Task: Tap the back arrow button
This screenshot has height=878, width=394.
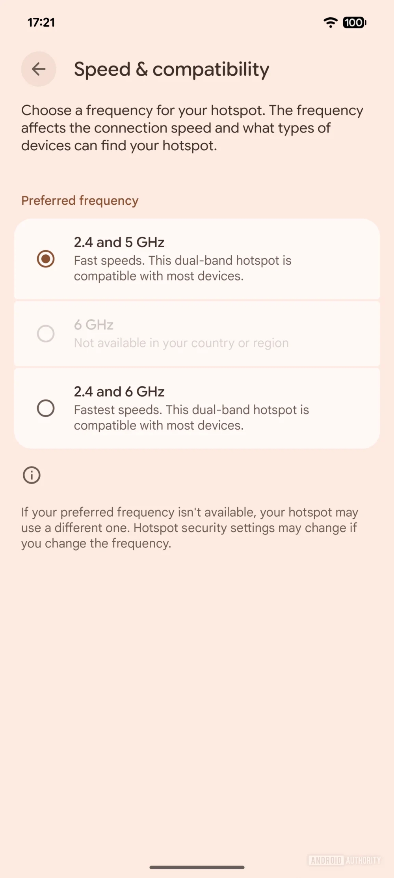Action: tap(39, 69)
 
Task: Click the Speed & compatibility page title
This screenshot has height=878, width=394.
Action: tap(171, 69)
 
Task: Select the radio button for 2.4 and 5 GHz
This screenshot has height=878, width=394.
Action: tap(46, 259)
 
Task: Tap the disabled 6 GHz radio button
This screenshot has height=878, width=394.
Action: tap(46, 334)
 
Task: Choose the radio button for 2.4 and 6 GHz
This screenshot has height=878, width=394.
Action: tap(46, 408)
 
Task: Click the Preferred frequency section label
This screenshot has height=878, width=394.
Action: tap(80, 200)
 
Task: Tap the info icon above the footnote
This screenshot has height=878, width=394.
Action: tap(32, 475)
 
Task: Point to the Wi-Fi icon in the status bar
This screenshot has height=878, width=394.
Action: tap(330, 22)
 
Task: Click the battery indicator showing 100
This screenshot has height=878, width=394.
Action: tap(354, 22)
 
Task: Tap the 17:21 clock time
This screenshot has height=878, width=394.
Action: tap(41, 22)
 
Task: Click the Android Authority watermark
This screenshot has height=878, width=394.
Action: tap(344, 860)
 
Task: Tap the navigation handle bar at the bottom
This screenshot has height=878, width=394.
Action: tap(197, 867)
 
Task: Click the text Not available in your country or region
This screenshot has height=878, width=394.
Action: tap(181, 343)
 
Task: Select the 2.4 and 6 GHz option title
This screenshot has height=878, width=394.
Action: tap(119, 392)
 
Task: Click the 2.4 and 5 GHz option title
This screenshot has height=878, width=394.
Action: tap(119, 242)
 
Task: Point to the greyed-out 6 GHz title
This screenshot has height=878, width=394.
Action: tap(94, 325)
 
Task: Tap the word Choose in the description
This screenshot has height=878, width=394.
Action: tap(46, 110)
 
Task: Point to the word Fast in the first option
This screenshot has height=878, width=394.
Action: tap(86, 260)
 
